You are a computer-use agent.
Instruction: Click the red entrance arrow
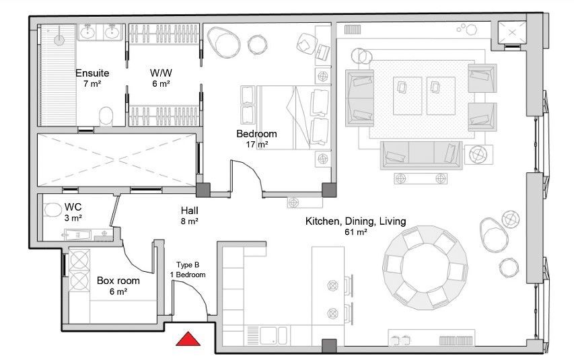pyautogui.click(x=188, y=339)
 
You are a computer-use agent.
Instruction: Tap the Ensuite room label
pyautogui.click(x=92, y=73)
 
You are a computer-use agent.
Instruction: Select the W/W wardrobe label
pyautogui.click(x=161, y=73)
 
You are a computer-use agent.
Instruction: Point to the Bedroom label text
pyautogui.click(x=256, y=134)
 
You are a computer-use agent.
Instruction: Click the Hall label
pyautogui.click(x=190, y=211)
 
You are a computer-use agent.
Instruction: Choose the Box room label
pyautogui.click(x=118, y=281)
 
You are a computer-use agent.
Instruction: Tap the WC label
pyautogui.click(x=73, y=207)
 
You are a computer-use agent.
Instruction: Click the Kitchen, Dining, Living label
pyautogui.click(x=356, y=221)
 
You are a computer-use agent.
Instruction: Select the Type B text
pyautogui.click(x=188, y=264)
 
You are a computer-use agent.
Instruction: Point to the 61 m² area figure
pyautogui.click(x=356, y=232)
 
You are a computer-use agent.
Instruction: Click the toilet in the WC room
pyautogui.click(x=53, y=210)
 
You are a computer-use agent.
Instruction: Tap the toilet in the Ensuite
pyautogui.click(x=106, y=116)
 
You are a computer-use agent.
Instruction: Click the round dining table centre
pyautogui.click(x=425, y=268)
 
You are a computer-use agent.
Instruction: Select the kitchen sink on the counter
pyautogui.click(x=273, y=336)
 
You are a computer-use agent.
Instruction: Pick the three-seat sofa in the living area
pyautogui.click(x=421, y=155)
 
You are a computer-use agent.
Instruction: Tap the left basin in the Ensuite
pyautogui.click(x=87, y=32)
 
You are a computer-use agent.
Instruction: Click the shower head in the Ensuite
pyautogui.click(x=59, y=40)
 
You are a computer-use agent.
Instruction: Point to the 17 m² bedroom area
pyautogui.click(x=257, y=145)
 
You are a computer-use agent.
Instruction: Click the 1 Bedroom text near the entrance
pyautogui.click(x=188, y=275)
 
